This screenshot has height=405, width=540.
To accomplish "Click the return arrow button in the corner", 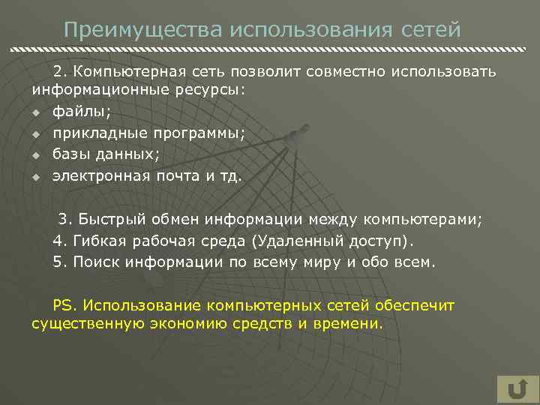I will pyautogui.click(x=517, y=389).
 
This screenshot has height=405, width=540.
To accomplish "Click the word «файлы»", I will pyautogui.click(x=81, y=112).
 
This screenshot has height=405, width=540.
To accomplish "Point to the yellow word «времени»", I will pyautogui.click(x=347, y=324).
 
